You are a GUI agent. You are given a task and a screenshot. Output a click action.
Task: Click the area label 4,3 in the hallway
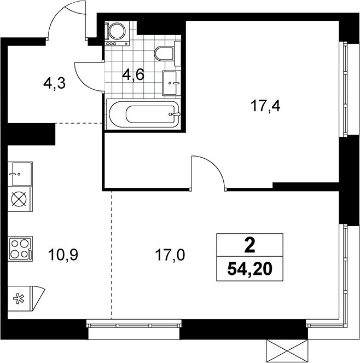pyautogui.click(x=55, y=84)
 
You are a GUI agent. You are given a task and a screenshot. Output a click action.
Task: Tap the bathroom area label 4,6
pyautogui.click(x=133, y=75)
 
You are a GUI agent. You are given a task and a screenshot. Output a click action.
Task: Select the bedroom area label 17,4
pyautogui.click(x=265, y=107)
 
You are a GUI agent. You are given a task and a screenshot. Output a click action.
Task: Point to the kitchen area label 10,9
pyautogui.click(x=63, y=255)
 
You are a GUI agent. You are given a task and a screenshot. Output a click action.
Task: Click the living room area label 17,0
pyautogui.click(x=170, y=255)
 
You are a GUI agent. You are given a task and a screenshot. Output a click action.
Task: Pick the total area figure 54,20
pyautogui.click(x=249, y=269)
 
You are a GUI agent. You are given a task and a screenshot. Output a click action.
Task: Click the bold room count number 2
pyautogui.click(x=250, y=246)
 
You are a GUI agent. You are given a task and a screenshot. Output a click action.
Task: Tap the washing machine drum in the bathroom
pyautogui.click(x=117, y=31)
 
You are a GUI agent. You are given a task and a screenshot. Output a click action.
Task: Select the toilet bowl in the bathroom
pyautogui.click(x=164, y=54)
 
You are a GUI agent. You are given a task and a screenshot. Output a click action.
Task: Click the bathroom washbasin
pyautogui.click(x=171, y=83)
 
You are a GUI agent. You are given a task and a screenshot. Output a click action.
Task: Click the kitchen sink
pyautogui.click(x=20, y=174)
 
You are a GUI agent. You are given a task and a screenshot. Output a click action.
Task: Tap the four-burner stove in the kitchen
pyautogui.click(x=20, y=249)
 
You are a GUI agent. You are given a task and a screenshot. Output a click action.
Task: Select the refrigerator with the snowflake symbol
pyautogui.click(x=25, y=298)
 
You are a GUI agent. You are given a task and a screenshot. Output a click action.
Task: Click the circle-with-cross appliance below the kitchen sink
pyautogui.click(x=19, y=199)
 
